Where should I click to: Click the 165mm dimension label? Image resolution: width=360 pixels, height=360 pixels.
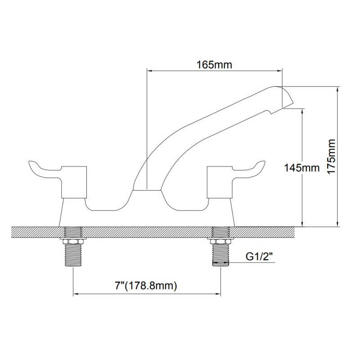214,65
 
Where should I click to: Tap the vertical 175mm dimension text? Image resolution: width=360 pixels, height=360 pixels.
332,156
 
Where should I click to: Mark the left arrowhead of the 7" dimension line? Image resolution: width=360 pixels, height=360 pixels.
76,295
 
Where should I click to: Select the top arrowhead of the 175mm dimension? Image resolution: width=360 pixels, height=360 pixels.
337,90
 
